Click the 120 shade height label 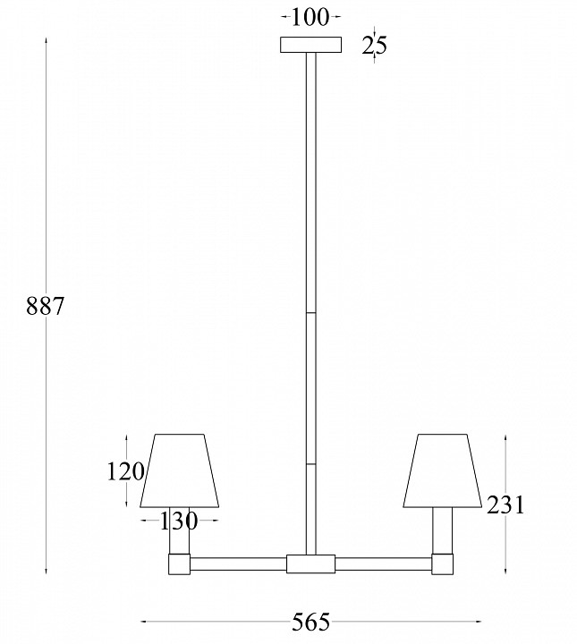[x=124, y=471]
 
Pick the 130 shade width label [x=179, y=520]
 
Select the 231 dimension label [x=505, y=505]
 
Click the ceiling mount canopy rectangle [x=311, y=46]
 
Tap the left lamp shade [x=180, y=470]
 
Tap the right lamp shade [x=443, y=470]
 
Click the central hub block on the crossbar [x=310, y=563]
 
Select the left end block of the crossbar [x=180, y=563]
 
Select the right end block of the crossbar [x=443, y=563]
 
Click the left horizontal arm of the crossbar [x=238, y=563]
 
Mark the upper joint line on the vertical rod [x=311, y=313]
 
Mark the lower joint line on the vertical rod [x=311, y=464]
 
